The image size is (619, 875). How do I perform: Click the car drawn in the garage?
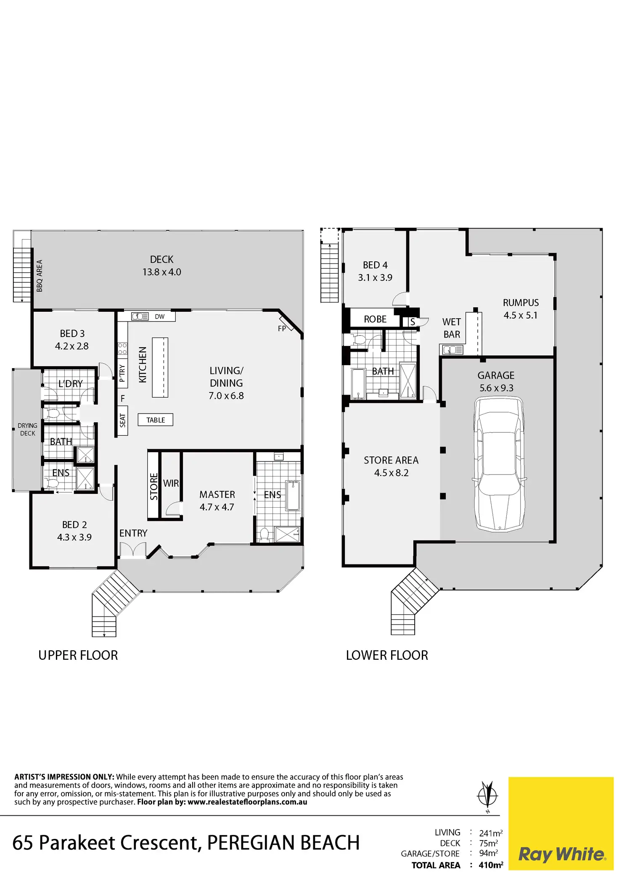tap(499, 464)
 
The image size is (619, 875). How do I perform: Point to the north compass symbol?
tap(487, 796)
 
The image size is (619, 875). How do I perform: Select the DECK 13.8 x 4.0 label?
tap(161, 266)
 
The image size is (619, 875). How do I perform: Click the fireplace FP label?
tap(282, 329)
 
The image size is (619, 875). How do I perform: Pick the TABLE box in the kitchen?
tap(156, 420)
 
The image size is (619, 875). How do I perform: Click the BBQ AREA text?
tap(40, 276)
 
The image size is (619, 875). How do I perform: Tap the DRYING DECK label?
tap(28, 429)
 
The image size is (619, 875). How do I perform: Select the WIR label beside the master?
tap(171, 483)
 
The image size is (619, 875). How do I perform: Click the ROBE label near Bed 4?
tap(375, 319)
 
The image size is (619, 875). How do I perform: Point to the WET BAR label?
tap(452, 328)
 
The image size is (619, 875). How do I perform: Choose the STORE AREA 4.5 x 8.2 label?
tap(391, 466)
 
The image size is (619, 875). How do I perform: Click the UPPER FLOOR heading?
tap(78, 655)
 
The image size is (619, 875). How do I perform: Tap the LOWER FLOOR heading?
tap(387, 655)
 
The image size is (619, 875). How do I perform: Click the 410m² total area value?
tap(491, 865)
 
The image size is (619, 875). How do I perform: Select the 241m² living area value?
tap(491, 833)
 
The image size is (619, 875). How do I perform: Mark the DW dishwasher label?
tap(160, 317)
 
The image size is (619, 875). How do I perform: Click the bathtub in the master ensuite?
tap(294, 496)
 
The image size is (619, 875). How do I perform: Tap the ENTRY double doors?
tap(133, 550)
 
